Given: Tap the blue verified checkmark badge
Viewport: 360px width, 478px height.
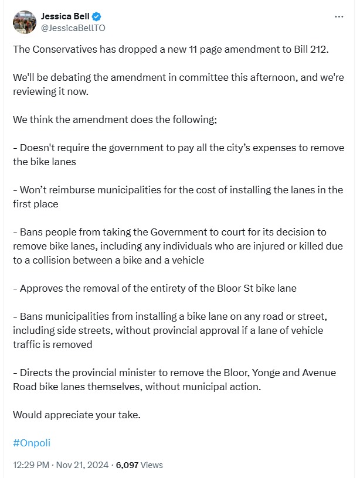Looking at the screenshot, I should tap(94, 16).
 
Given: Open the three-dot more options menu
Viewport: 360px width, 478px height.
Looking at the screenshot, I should tap(339, 17).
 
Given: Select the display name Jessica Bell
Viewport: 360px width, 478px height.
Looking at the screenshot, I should tap(64, 16).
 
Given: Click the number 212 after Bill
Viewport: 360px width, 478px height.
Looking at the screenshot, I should tap(320, 49).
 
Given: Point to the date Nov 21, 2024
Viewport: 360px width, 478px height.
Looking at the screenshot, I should tap(86, 465).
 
